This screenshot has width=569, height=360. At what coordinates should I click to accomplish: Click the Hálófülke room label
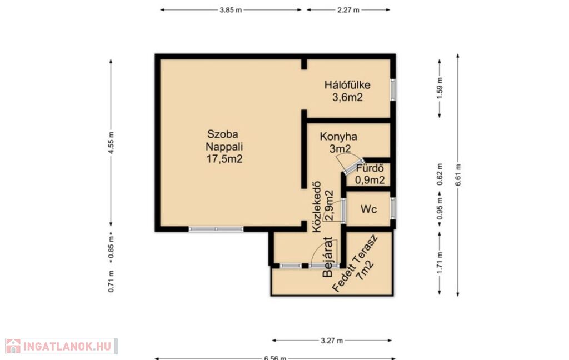347,86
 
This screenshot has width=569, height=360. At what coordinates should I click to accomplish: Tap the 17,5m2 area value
224,159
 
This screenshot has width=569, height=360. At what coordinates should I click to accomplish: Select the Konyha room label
338,137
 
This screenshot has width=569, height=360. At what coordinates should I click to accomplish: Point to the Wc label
368,209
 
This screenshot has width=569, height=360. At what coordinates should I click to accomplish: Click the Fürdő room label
370,168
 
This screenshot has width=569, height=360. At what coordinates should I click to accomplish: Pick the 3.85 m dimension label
231,10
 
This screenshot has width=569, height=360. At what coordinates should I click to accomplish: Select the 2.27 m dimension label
348,10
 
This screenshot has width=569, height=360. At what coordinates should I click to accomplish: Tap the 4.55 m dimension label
111,143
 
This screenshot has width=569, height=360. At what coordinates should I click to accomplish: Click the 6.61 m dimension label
458,175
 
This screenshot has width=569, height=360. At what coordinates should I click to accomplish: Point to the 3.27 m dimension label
332,341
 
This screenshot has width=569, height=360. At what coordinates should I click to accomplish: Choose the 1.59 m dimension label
440,88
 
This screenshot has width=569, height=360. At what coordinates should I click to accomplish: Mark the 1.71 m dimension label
440,263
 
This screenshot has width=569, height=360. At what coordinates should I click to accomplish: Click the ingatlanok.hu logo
61,346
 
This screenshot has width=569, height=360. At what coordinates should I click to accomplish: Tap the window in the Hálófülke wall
393,89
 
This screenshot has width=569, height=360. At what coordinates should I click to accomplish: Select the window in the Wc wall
393,208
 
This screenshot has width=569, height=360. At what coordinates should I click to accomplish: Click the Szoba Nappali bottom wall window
216,229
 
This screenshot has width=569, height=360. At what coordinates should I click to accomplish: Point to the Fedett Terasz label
355,263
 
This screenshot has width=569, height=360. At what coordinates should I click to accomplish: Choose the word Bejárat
328,257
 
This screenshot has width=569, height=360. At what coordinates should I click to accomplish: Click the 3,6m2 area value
347,97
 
